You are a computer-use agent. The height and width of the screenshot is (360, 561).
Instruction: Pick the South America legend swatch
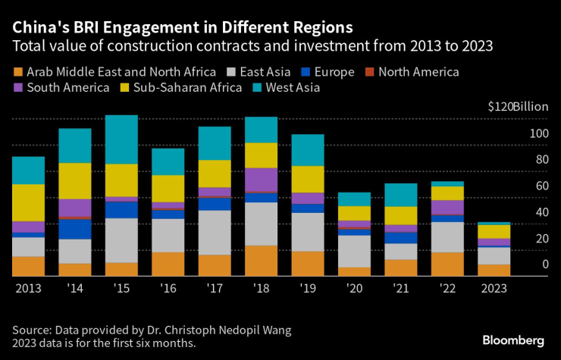point(17,88)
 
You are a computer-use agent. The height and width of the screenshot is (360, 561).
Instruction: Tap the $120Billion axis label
point(518,107)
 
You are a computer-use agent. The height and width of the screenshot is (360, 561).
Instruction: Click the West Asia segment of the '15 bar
point(121,139)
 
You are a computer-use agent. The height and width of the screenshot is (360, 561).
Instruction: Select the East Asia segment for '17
point(215,232)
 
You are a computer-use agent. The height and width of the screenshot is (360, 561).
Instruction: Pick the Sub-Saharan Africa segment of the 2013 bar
point(28,202)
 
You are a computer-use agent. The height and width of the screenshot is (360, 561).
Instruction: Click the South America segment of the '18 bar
point(261,179)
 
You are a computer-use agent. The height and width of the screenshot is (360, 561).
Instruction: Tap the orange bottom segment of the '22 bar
point(447,264)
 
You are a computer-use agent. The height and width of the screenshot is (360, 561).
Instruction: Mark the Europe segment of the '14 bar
point(75,228)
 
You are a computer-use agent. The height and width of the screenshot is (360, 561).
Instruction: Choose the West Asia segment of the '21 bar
point(400,195)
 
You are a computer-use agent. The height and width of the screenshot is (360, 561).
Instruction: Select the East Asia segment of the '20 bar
point(354,251)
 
